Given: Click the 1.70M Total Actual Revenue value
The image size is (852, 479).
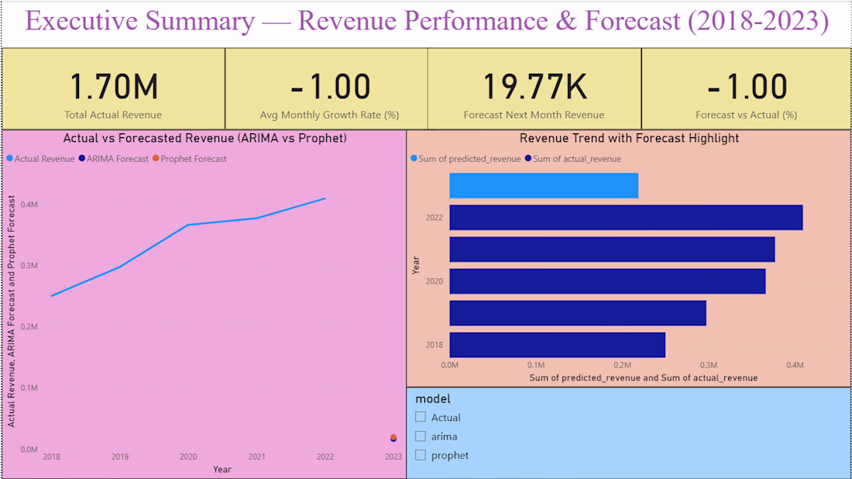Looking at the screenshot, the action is click(114, 87).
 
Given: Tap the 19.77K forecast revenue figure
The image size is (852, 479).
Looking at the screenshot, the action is click(534, 87).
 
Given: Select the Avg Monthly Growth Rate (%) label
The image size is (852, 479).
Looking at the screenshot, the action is click(329, 115).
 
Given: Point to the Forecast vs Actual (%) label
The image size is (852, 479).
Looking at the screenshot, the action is click(747, 115).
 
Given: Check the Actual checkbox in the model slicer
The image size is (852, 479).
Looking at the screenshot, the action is click(421, 417).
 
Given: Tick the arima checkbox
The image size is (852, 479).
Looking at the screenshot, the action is click(421, 436).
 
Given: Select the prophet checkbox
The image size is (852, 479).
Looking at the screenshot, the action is click(421, 455).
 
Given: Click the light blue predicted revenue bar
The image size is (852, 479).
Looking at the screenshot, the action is click(544, 185).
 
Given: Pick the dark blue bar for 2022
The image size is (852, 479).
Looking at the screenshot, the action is click(626, 218).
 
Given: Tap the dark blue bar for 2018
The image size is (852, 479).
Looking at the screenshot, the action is click(558, 345).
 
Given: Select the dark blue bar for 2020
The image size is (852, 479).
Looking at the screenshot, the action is click(607, 281).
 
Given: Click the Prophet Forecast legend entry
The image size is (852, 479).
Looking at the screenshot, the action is click(190, 159).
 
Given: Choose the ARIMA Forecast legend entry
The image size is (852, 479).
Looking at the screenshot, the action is click(114, 159).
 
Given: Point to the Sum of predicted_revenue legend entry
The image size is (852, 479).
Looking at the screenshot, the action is click(466, 159).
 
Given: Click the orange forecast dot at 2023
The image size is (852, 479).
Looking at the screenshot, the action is click(393, 437).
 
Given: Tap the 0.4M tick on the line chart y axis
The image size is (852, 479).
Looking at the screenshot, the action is click(29, 205).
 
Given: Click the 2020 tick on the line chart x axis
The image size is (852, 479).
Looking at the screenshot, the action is click(188, 457).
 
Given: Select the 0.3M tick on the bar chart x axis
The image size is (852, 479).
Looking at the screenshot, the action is click(709, 365).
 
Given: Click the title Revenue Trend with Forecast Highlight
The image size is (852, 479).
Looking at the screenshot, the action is click(629, 139).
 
